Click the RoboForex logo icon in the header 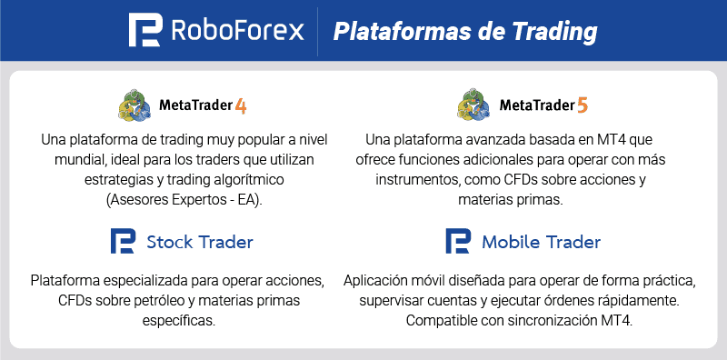point(145,31)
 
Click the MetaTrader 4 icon point(134,105)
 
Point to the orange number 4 point(241,106)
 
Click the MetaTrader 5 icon point(473,105)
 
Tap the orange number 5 point(583,106)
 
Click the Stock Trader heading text point(199,242)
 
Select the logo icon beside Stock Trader point(123,242)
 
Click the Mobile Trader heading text point(541,242)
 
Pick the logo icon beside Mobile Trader point(458,242)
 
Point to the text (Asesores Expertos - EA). point(184,200)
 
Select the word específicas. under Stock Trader point(184,320)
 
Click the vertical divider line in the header point(317,31)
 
